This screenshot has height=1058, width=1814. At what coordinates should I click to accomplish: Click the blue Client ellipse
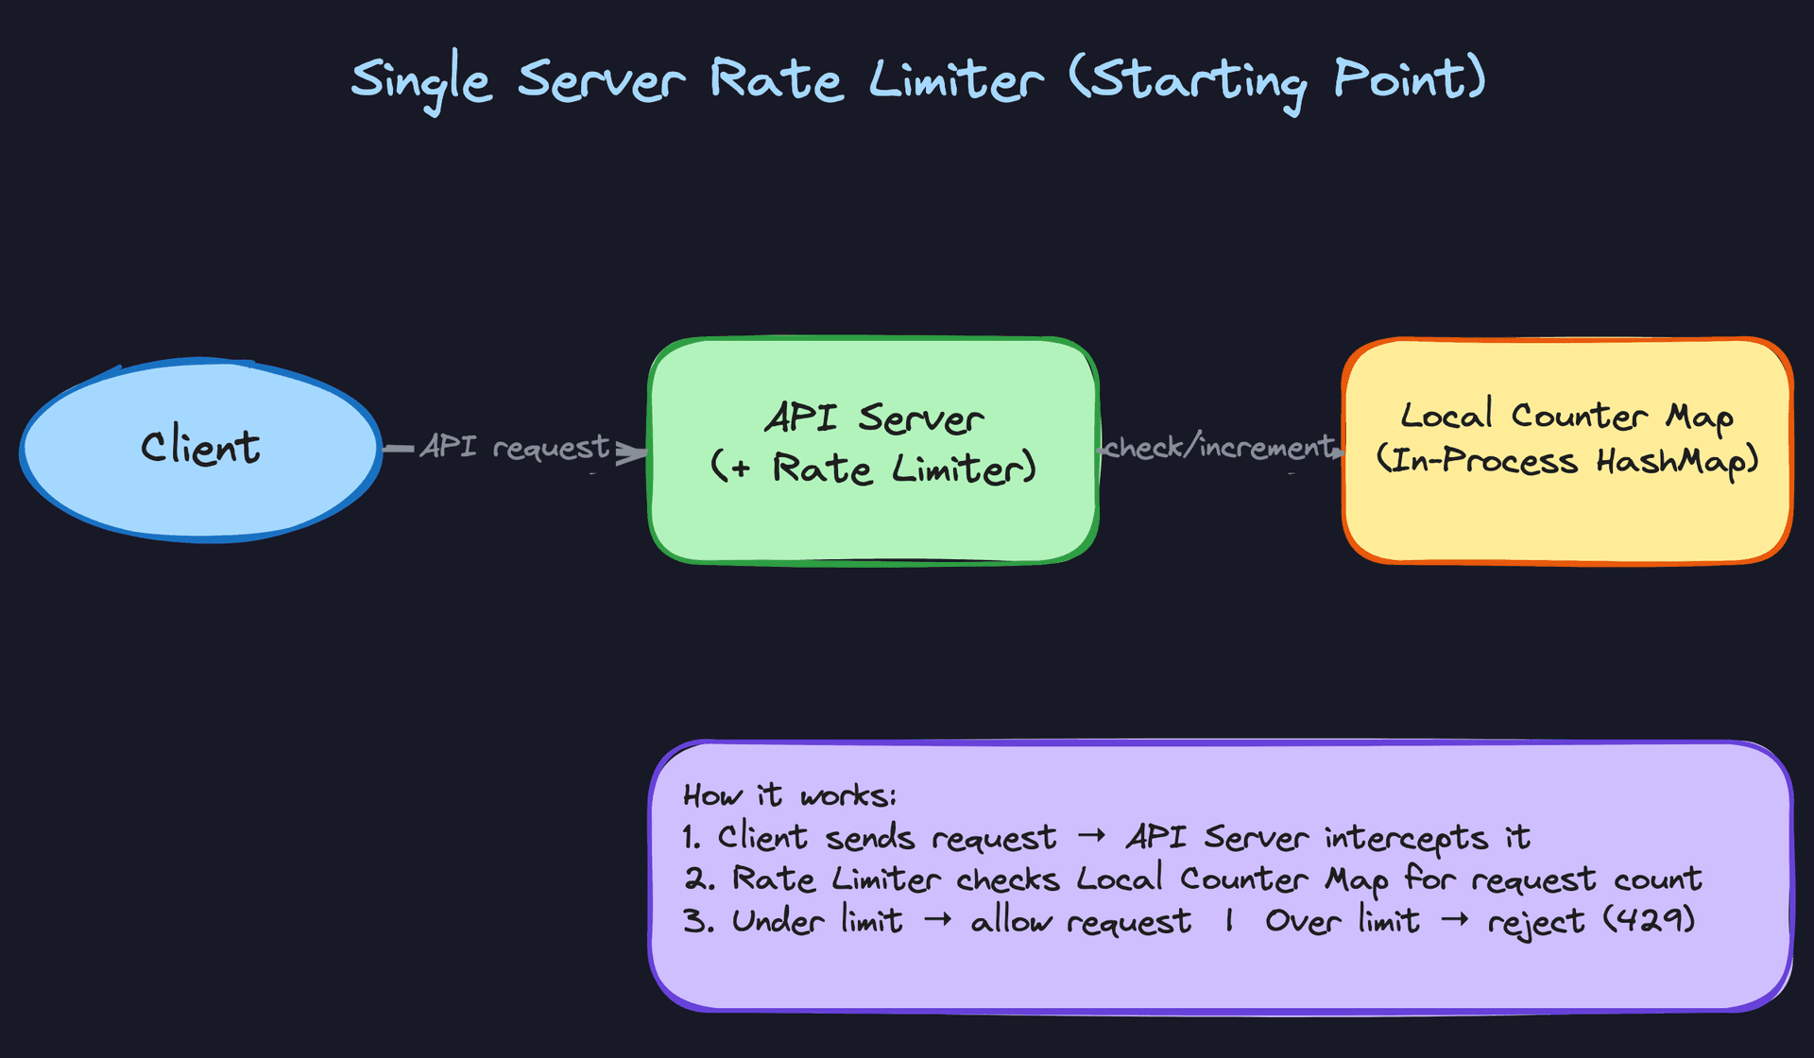click(200, 491)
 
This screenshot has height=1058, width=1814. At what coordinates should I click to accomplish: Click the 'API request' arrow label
click(514, 446)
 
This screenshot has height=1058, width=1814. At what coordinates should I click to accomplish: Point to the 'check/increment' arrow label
click(1219, 446)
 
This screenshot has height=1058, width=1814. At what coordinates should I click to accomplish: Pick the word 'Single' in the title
click(421, 81)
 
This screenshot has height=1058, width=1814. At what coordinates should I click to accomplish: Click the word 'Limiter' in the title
click(956, 79)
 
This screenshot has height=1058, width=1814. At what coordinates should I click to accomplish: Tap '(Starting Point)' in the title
click(1278, 81)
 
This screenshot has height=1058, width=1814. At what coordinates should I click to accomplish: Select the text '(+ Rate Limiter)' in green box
click(873, 468)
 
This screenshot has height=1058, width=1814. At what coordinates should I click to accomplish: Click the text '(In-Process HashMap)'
click(1566, 461)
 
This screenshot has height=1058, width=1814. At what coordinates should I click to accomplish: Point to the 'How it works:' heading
click(789, 795)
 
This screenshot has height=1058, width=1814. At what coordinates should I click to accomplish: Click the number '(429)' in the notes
click(1649, 919)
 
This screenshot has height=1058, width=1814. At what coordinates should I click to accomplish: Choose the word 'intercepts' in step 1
click(1406, 838)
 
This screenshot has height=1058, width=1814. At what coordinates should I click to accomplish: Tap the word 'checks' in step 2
click(1007, 879)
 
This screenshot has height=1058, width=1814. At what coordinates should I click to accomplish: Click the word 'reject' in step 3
click(1535, 922)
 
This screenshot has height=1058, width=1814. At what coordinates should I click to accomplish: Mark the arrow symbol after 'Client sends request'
click(1091, 837)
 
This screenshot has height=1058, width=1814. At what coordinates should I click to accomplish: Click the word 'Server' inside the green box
click(921, 418)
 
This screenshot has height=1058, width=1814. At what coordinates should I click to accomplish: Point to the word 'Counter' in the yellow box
click(1580, 416)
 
